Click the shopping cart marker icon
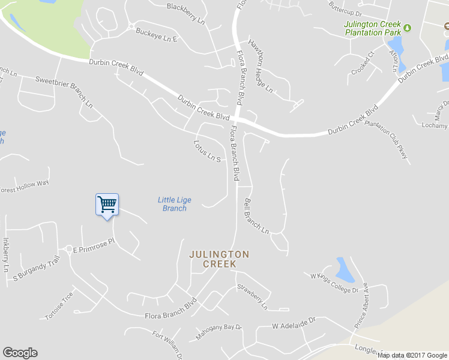[x=107, y=205]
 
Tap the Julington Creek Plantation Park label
[x=372, y=28]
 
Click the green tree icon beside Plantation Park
[x=408, y=28]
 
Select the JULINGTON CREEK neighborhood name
[x=219, y=259]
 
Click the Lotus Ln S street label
[x=208, y=152]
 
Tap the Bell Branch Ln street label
[x=257, y=217]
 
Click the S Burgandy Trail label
[x=37, y=269]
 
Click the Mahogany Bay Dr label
[x=218, y=332]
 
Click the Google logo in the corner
[x=20, y=353]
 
